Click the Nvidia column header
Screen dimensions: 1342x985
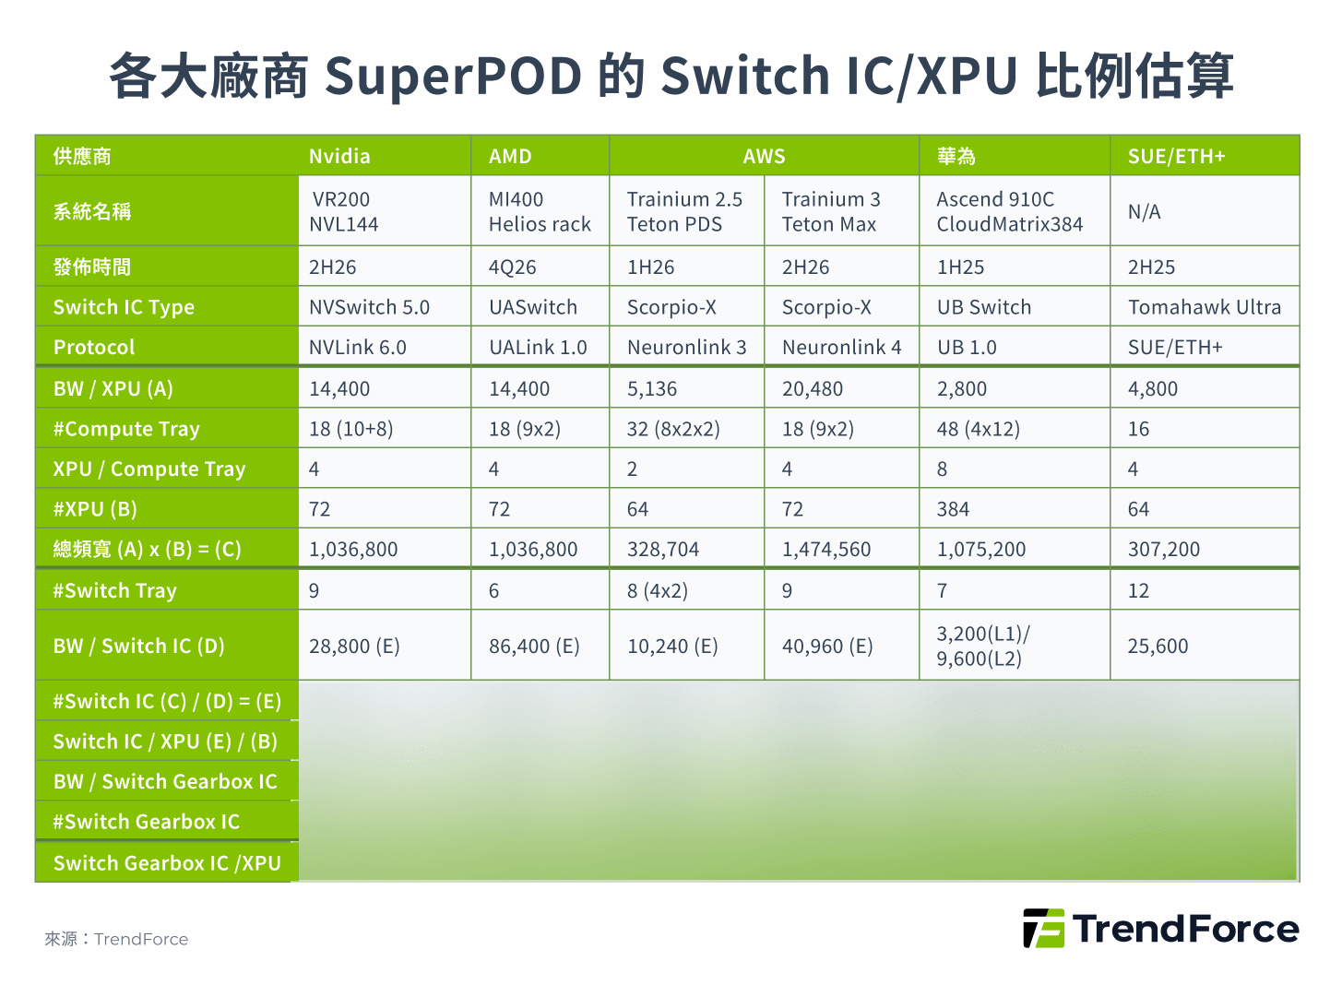pyautogui.click(x=339, y=157)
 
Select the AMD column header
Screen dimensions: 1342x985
pyautogui.click(x=510, y=157)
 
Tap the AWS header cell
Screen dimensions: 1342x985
pyautogui.click(x=764, y=157)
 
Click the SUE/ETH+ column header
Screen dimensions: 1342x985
pyautogui.click(x=1176, y=157)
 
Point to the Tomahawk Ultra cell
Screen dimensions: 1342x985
pyautogui.click(x=1205, y=307)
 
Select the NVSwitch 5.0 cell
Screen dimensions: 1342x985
pyautogui.click(x=369, y=307)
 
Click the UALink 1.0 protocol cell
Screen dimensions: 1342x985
pyautogui.click(x=538, y=348)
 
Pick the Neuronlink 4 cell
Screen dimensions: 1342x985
pyautogui.click(x=841, y=348)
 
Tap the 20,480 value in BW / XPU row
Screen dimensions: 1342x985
pyautogui.click(x=813, y=389)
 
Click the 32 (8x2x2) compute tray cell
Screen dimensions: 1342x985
pyautogui.click(x=673, y=429)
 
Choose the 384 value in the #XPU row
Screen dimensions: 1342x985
pyautogui.click(x=953, y=509)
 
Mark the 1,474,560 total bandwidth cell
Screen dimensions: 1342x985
pyautogui.click(x=826, y=550)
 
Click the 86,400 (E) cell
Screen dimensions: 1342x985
pyautogui.click(x=534, y=647)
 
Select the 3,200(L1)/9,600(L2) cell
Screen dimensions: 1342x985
pyautogui.click(x=983, y=647)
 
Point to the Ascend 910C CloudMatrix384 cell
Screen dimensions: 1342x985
pyautogui.click(x=1009, y=211)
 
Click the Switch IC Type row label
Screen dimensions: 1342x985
pyautogui.click(x=124, y=307)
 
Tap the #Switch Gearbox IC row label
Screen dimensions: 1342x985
pyautogui.click(x=146, y=822)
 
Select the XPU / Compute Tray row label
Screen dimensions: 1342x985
pyautogui.click(x=149, y=469)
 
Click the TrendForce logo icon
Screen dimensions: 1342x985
pyautogui.click(x=1044, y=929)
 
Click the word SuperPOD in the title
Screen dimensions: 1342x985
pyautogui.click(x=453, y=77)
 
